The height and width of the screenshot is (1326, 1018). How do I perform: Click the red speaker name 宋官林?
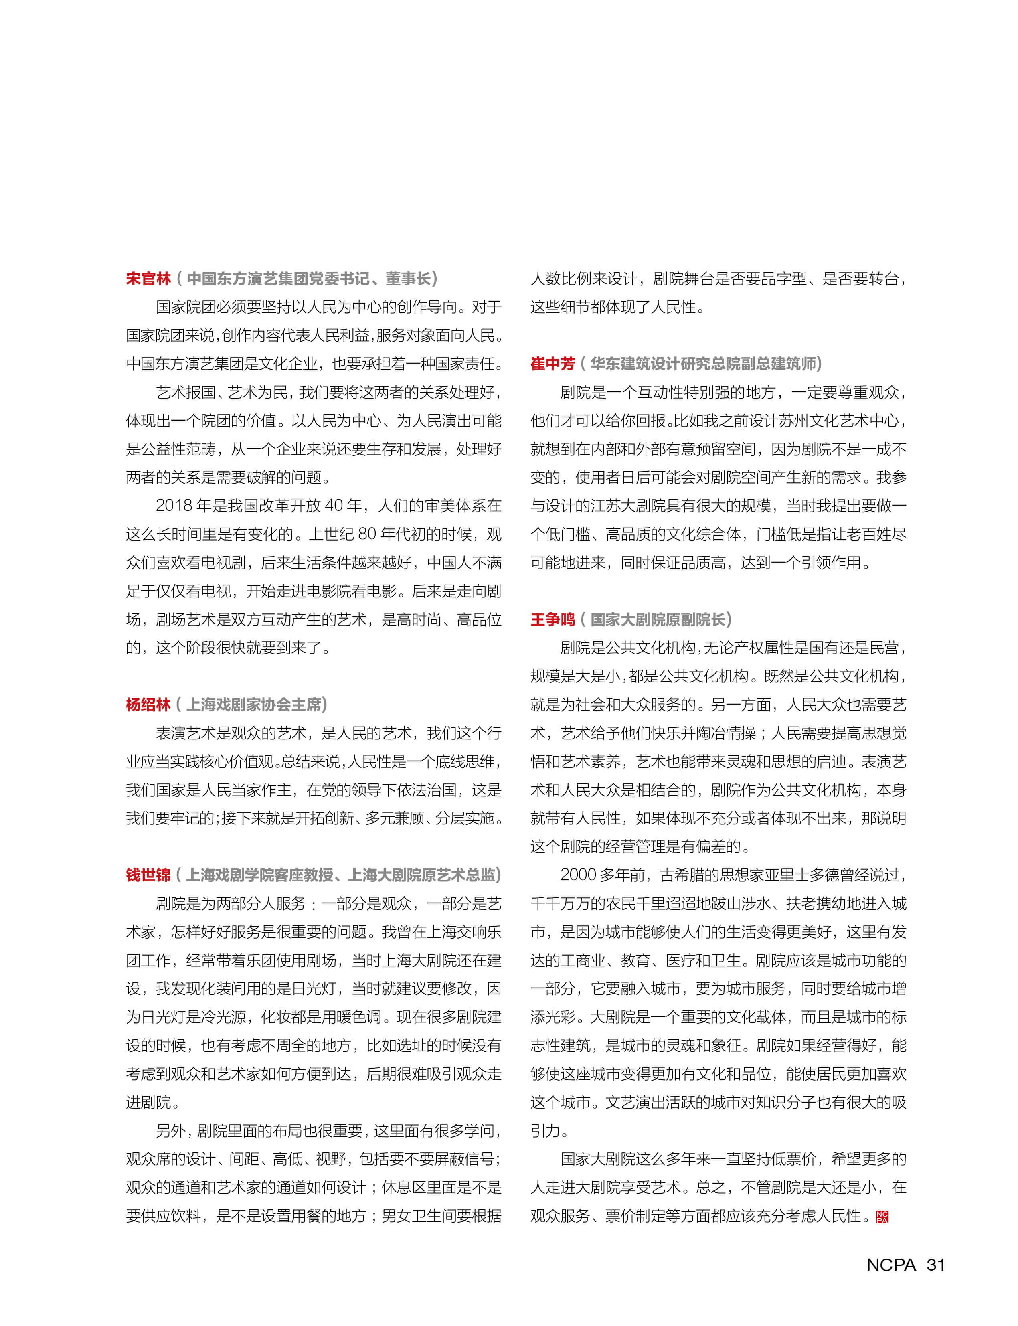point(148,279)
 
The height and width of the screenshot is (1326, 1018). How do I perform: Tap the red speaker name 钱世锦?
point(148,875)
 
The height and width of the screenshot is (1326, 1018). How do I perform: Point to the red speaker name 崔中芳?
point(553,364)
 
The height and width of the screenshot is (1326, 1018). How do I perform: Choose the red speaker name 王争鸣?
point(553,619)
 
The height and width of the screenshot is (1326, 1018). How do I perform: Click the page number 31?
point(935,1265)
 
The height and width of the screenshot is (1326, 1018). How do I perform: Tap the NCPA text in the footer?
point(891,1265)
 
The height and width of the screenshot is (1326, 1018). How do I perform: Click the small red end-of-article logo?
point(882,1216)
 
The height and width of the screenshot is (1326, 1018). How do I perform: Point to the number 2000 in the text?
point(579,875)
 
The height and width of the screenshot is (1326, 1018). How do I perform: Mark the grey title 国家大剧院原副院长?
point(658,619)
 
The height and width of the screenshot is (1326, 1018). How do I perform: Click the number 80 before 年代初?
point(367,534)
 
